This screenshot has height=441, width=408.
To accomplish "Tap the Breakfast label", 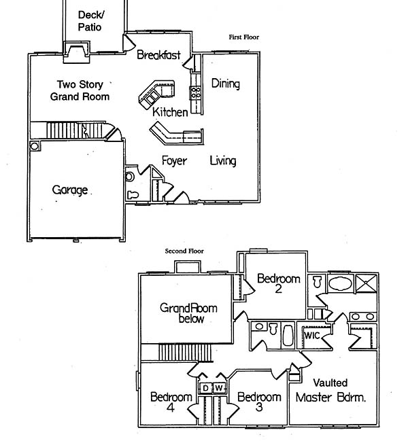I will (x=158, y=55).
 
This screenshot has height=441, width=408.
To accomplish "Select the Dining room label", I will (x=225, y=84).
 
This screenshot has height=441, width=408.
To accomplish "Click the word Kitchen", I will (x=169, y=112).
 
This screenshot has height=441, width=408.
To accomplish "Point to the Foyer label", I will (x=174, y=161).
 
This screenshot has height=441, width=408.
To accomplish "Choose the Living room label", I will (x=222, y=161).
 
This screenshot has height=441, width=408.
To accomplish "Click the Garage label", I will (x=70, y=190).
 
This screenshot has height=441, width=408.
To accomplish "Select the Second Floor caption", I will (x=184, y=251).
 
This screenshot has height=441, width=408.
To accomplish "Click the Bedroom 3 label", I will (x=259, y=402).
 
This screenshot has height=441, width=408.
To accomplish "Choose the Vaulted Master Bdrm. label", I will (x=331, y=391).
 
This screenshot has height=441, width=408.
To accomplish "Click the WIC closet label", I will (x=312, y=336).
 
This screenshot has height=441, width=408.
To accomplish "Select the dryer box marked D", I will (x=206, y=388).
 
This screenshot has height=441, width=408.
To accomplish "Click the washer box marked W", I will (x=219, y=388).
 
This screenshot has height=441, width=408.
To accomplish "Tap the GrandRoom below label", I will (x=189, y=313).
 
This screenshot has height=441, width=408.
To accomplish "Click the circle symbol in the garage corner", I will (x=34, y=145).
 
